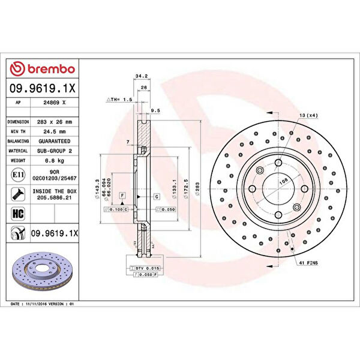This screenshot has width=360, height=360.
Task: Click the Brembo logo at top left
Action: pyautogui.click(x=43, y=69)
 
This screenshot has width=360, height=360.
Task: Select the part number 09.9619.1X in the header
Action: pyautogui.click(x=43, y=88)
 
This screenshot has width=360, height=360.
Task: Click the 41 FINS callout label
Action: pyautogui.click(x=306, y=263)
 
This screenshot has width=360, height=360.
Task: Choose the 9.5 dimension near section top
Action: pyautogui.click(x=155, y=110)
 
